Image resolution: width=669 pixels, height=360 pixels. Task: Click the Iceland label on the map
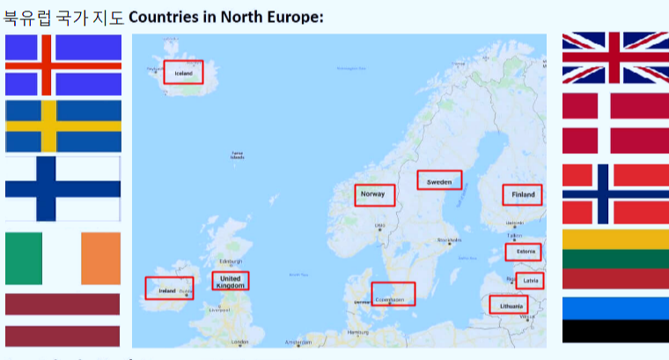point(183,72)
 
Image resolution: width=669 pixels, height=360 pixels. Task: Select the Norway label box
point(374,195)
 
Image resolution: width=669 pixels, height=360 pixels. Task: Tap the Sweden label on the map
point(438,180)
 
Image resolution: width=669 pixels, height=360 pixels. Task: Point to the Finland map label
point(523,195)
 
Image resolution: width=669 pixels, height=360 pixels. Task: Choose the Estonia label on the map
point(523,253)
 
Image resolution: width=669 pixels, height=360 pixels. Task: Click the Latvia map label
point(530,281)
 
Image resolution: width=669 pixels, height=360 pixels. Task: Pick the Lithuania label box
point(511,305)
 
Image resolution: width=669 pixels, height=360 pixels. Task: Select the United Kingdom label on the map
point(231,281)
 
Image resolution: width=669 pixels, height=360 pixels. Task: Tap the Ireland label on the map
point(169,288)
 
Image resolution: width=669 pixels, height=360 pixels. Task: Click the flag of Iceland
point(62,65)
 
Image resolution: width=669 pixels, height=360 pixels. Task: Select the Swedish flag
point(62,127)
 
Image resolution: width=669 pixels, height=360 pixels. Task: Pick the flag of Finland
point(62,188)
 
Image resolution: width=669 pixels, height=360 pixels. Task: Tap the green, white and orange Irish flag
point(62,259)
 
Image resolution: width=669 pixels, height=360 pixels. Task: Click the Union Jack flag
point(615,58)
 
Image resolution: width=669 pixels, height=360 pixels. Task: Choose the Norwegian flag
point(615,194)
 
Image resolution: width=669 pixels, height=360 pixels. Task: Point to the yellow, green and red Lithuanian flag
point(615,259)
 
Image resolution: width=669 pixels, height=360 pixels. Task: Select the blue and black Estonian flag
point(615,320)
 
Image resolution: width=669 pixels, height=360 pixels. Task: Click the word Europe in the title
point(295,18)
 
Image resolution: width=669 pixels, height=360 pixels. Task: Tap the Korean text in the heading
point(64,18)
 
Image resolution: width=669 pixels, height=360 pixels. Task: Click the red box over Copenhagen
point(393,294)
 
